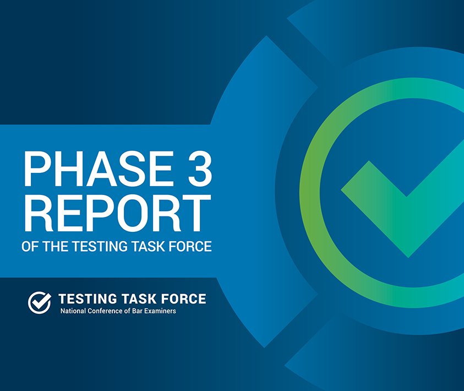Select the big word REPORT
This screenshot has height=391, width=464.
(x=117, y=213)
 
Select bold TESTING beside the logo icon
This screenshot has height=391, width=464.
(x=88, y=300)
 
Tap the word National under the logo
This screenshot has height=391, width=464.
(x=74, y=311)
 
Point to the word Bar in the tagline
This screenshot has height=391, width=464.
(x=139, y=311)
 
